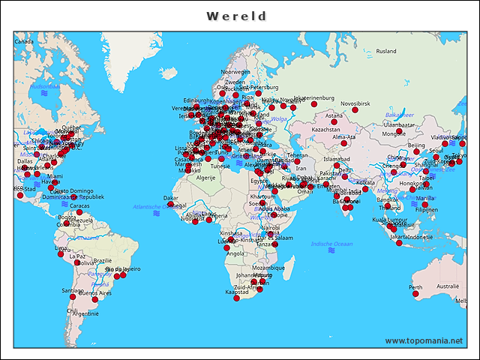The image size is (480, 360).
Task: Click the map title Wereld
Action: [236, 16]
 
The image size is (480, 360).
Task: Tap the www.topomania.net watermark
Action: [424, 341]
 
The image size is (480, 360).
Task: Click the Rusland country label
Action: [386, 51]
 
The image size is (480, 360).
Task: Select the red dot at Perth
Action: [415, 294]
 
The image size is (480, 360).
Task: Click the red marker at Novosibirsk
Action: [355, 111]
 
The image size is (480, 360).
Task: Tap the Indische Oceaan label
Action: [331, 244]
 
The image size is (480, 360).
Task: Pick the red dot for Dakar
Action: [170, 205]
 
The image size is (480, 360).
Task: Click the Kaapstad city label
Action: [236, 292]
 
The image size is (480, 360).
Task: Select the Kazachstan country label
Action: [325, 129]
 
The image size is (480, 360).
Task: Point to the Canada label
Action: [25, 42]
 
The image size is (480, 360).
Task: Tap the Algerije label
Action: [205, 178]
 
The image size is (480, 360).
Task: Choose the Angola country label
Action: [235, 253]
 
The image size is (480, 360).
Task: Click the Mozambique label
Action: [268, 267]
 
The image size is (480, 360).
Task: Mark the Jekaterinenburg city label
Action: [313, 97]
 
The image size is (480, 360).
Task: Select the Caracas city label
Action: [79, 205]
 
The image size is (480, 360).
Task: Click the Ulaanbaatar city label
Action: [399, 124]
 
